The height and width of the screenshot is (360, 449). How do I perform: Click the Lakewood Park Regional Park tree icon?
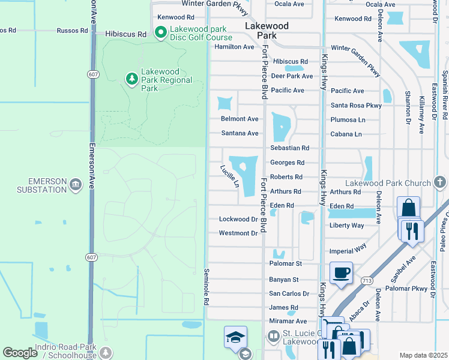point(131,78)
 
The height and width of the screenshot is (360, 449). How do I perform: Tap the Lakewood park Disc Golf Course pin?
point(160,32)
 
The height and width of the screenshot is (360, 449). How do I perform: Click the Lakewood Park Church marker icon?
point(439,182)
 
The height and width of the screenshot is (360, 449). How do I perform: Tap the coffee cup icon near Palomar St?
point(340,273)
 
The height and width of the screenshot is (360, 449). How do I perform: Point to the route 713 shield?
point(366,280)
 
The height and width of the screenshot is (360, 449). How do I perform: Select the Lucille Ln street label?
point(229,176)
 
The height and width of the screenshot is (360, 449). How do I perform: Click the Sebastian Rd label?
point(289,148)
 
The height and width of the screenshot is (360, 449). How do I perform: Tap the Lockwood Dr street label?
point(238,220)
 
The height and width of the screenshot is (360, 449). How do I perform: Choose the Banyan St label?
point(284,280)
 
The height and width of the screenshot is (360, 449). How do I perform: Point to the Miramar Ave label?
point(288,322)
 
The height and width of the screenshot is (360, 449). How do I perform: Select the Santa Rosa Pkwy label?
point(356,106)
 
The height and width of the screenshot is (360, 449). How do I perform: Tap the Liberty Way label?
point(346,226)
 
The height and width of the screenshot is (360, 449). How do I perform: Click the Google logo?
point(20,353)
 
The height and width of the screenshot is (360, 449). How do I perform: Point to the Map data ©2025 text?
point(423,355)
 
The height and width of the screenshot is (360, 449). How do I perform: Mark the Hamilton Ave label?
point(234,47)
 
